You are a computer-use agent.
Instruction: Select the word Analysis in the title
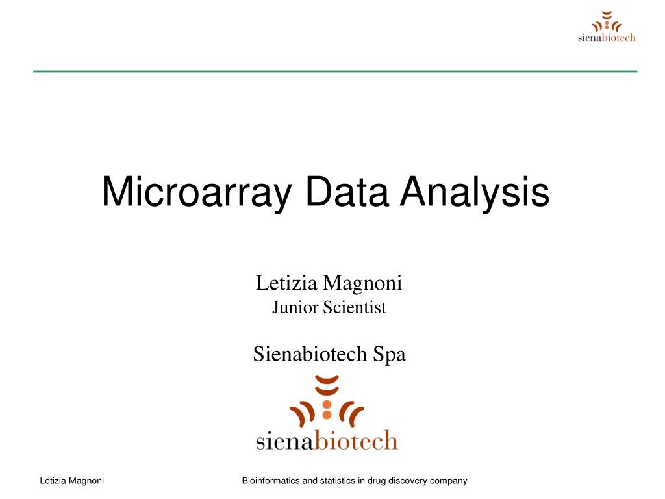(x=475, y=193)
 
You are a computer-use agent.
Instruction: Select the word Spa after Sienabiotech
(x=389, y=355)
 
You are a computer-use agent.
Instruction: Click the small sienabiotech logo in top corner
(x=607, y=27)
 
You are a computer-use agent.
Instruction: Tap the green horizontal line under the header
(x=335, y=71)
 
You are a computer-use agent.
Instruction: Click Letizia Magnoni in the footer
(x=72, y=481)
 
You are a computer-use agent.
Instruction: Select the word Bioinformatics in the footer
(x=270, y=481)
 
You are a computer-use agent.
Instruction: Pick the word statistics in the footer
(x=336, y=481)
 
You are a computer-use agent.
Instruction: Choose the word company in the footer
(x=451, y=481)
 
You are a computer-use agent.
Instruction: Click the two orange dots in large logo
(x=327, y=408)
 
